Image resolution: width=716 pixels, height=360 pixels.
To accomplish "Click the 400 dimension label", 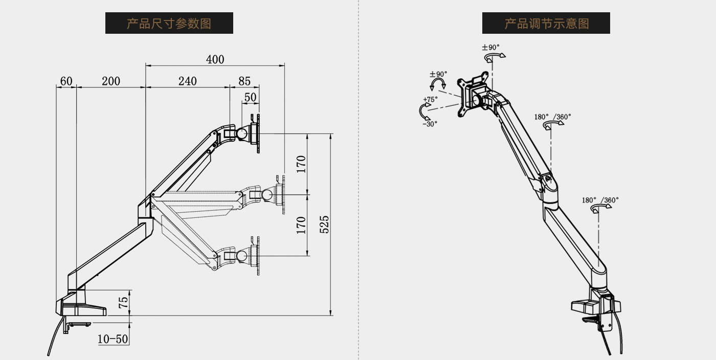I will pos(215,59).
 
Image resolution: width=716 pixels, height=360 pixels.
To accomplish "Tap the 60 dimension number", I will pos(66,81).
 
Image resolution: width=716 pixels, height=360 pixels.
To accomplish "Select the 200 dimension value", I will pos(110,81).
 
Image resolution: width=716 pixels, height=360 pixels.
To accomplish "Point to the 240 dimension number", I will pos(187,81).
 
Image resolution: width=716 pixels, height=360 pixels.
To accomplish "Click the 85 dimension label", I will pos(244,81).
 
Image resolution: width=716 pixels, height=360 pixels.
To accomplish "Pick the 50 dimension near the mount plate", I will pos(250,97).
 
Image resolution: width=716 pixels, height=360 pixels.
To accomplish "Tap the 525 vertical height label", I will pos(324,224).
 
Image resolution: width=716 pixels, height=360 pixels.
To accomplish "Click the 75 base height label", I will pos(123,302).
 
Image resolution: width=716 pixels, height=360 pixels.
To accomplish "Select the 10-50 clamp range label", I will pos(113,339).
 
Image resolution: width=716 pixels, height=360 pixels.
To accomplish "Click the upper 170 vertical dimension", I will pos(301,164).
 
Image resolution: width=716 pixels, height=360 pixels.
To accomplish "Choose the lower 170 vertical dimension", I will pos(301,225).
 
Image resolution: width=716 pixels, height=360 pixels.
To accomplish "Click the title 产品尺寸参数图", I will pos(169,24).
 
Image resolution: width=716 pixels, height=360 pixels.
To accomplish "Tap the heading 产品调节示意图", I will pos(546,24).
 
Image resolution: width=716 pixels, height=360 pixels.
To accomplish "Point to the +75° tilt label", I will pos(430,100).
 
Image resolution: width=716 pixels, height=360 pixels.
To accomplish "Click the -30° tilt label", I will pos(430,123).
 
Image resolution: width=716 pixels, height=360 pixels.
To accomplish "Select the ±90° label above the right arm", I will pos(490,48).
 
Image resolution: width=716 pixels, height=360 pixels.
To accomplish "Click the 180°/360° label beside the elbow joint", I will pos(553,117).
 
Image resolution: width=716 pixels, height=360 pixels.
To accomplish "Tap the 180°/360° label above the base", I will pos(600,200).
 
